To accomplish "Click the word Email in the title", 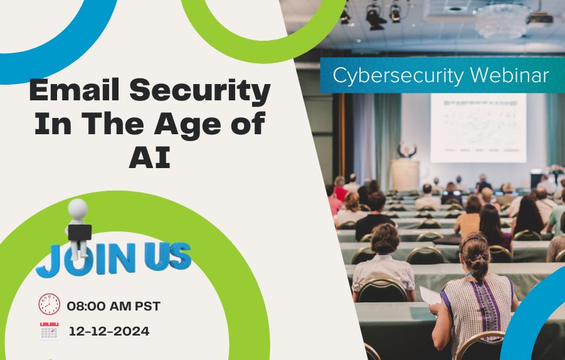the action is click(x=74, y=90).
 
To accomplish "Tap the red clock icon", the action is click(x=50, y=304).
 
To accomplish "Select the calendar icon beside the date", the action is click(x=50, y=331).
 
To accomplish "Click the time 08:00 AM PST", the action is click(x=114, y=306).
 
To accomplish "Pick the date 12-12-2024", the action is click(x=109, y=331).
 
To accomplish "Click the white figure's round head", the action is click(x=78, y=209).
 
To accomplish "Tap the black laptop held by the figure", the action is click(x=80, y=233).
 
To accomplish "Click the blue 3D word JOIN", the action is click(x=86, y=259).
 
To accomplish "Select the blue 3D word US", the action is click(x=167, y=256).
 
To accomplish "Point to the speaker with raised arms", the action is click(x=407, y=149).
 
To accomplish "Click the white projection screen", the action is click(x=478, y=128).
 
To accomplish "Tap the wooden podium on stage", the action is click(x=405, y=175).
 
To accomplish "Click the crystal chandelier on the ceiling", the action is click(x=502, y=21).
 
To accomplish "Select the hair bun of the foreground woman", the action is click(x=478, y=259).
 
